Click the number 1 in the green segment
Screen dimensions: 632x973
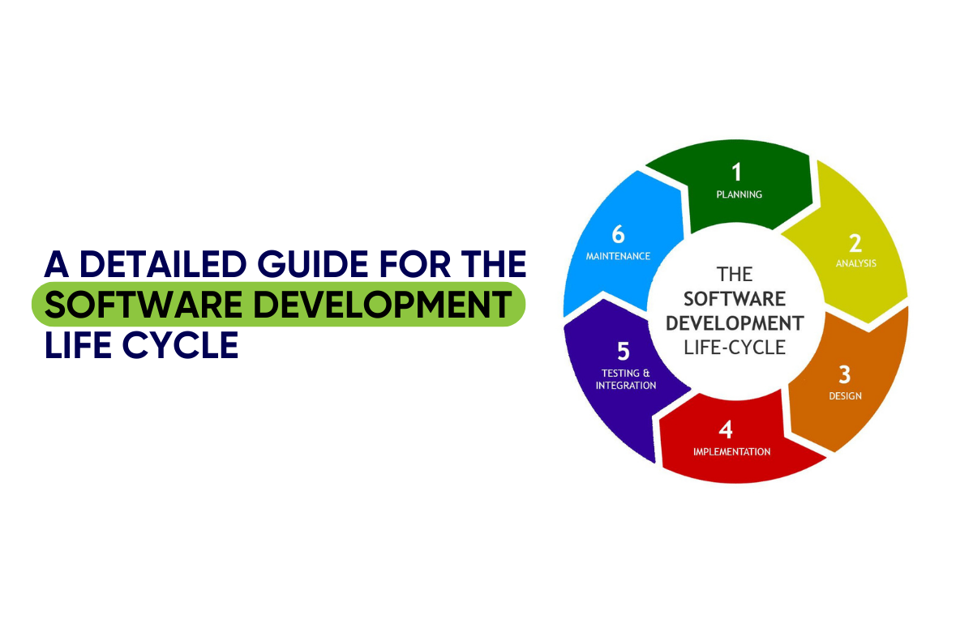click(736, 172)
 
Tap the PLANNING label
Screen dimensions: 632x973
click(739, 194)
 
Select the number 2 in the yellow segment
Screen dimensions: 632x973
click(855, 242)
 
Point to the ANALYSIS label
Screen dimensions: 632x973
click(855, 263)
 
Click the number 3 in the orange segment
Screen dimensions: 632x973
click(844, 374)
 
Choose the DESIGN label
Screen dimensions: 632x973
click(845, 396)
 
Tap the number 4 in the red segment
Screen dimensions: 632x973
click(726, 430)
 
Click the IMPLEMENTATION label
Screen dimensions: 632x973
click(731, 452)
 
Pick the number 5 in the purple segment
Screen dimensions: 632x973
click(623, 352)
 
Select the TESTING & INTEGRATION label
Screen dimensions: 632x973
click(625, 379)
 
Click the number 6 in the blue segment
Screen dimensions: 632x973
click(618, 234)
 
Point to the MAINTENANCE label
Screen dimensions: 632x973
click(618, 256)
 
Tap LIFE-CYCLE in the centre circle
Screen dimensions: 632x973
click(735, 348)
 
